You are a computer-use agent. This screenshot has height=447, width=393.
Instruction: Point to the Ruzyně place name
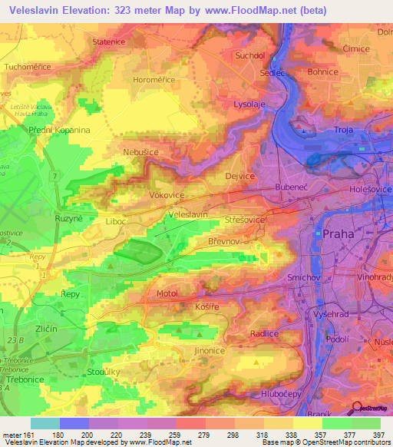(x=67, y=218)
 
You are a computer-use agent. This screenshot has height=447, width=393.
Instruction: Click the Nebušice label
(x=140, y=153)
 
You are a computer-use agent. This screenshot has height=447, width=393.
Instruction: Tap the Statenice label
(x=110, y=62)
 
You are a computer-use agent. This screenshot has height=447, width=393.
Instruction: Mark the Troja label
(x=343, y=131)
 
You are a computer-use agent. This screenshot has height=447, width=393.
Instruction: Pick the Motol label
(x=167, y=293)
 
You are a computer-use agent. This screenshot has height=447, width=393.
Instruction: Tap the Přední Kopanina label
(x=59, y=130)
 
